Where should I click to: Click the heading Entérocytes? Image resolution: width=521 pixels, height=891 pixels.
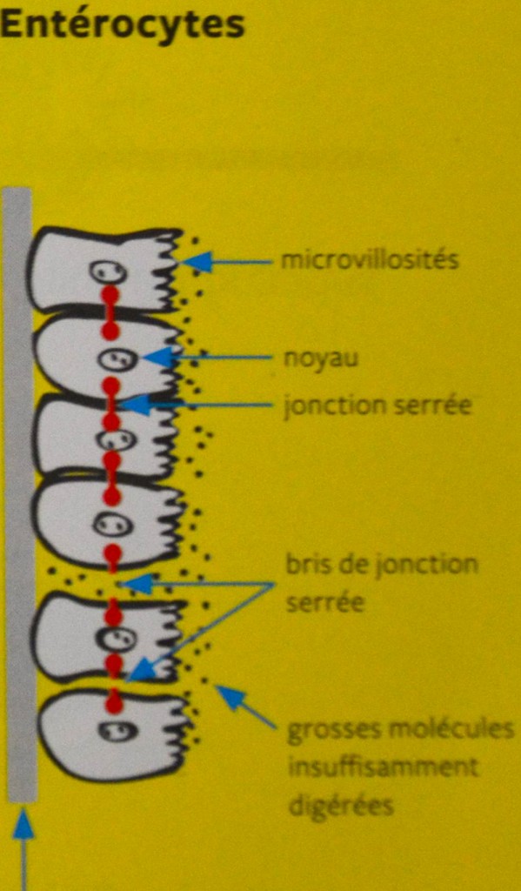pos(122,26)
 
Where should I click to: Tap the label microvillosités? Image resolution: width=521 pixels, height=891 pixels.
pos(370,260)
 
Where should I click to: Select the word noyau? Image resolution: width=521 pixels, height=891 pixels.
pos(321,359)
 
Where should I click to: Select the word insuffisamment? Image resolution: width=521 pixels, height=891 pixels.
pos(384,767)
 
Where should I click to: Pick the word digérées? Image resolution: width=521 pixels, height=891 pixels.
pos(341,806)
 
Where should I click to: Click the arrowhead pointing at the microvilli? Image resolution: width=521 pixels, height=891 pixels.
pos(196,262)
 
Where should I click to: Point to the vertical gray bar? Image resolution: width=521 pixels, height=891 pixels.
pos(21,494)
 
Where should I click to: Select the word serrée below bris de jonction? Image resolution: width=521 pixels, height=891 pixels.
pos(324,602)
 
